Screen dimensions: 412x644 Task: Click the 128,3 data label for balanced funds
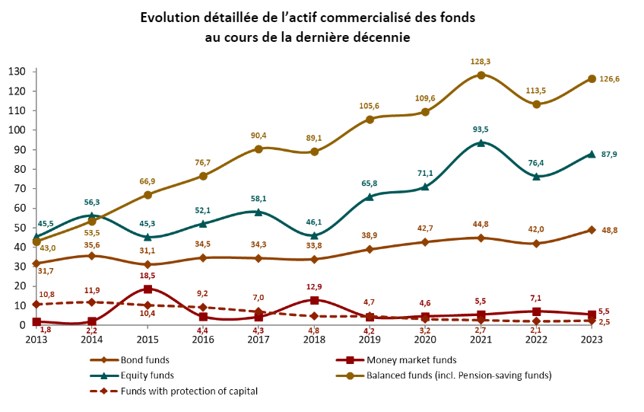pos(481,61)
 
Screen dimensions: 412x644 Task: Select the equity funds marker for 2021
pos(481,142)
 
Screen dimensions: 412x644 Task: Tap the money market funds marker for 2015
pos(148,289)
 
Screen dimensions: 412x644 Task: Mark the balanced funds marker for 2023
pos(592,78)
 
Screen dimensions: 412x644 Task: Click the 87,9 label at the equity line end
pos(610,155)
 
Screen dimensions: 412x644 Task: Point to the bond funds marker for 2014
pos(92,256)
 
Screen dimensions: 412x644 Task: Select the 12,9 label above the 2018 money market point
pos(314,286)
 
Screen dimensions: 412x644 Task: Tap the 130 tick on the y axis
pos(17,72)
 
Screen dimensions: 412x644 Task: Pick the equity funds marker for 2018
pos(314,235)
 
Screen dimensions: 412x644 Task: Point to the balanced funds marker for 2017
pos(259,149)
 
